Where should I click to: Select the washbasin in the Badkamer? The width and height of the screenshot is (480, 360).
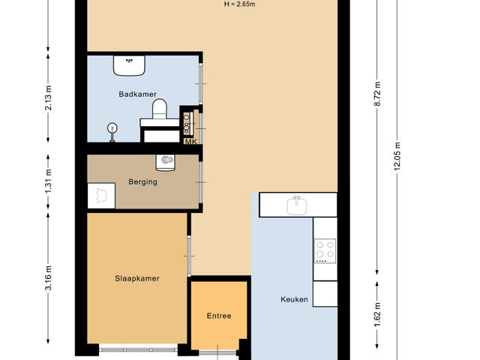coord(130,65)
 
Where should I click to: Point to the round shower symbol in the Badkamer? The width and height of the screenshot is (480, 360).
coord(112,129)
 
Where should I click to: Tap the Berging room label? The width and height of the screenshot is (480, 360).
coord(142,181)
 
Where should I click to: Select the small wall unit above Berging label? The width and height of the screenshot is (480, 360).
coord(165,160)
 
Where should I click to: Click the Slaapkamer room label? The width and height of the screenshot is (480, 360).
coord(136,277)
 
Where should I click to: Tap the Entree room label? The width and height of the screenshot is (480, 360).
coord(218,316)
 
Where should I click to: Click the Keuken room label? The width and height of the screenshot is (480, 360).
coord(294,299)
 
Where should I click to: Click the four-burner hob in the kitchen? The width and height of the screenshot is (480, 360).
coord(325,250)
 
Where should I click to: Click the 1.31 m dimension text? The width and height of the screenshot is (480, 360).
coord(49,182)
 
